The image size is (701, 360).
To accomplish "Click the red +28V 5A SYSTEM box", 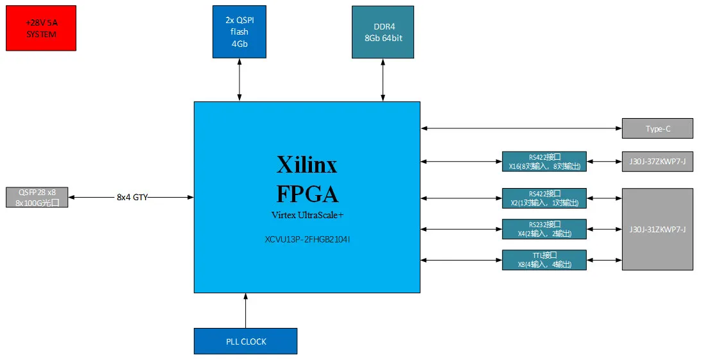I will [41, 28].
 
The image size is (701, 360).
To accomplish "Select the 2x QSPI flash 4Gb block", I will [239, 31].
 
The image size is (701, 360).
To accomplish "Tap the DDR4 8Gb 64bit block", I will [383, 32].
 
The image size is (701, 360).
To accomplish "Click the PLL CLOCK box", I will [245, 341].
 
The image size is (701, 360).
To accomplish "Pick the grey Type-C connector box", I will [657, 128].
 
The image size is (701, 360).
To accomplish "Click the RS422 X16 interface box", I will [544, 161].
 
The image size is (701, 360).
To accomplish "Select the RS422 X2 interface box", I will [544, 198].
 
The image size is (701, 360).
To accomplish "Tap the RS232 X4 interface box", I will [544, 229].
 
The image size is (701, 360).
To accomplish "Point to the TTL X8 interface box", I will [544, 260].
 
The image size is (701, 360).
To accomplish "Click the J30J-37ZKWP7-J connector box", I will [657, 162].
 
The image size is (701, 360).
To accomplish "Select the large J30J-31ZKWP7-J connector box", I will [657, 229].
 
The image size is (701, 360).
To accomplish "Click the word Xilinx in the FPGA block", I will [307, 165].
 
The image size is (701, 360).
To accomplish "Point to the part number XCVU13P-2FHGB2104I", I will [307, 240].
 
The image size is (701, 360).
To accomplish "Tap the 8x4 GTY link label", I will [132, 197].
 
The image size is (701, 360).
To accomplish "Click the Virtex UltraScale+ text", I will [307, 214].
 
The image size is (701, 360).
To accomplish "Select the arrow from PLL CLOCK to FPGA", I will [245, 311].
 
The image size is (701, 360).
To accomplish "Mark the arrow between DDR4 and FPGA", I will [383, 80].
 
